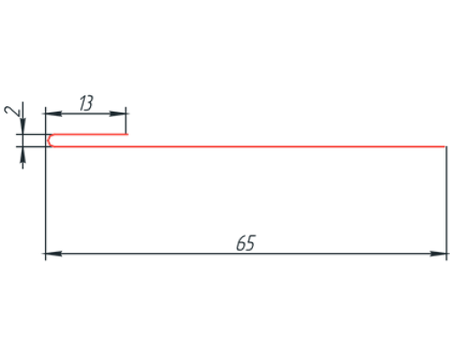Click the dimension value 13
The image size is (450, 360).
86,103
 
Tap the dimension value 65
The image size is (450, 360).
246,243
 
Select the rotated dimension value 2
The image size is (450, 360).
13,111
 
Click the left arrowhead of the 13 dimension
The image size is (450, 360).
54,113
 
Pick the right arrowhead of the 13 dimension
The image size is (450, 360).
118,113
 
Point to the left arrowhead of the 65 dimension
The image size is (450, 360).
54,254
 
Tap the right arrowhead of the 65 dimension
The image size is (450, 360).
438,254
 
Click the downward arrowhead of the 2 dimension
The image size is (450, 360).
22,126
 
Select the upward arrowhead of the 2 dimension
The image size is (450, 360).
22,155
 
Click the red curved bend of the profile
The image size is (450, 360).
49,140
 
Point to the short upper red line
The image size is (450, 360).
90,134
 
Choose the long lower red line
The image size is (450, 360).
249,147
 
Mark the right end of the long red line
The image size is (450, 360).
445,147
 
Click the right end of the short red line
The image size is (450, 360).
128,134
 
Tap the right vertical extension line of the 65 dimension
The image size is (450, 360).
446,203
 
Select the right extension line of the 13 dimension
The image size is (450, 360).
126,121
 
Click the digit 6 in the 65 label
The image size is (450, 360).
241,243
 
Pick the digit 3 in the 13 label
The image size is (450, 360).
89,103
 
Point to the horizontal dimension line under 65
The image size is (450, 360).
246,254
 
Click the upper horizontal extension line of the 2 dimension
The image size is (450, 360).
33,134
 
